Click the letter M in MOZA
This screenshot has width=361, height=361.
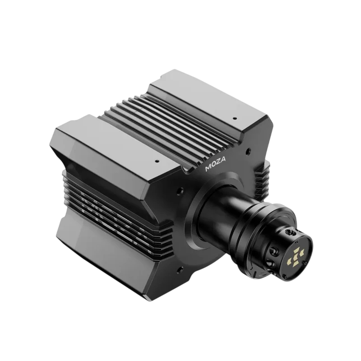coord(208,168)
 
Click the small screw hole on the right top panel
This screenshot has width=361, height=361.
coord(234,118)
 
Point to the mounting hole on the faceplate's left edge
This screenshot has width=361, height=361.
coord(180,191)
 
